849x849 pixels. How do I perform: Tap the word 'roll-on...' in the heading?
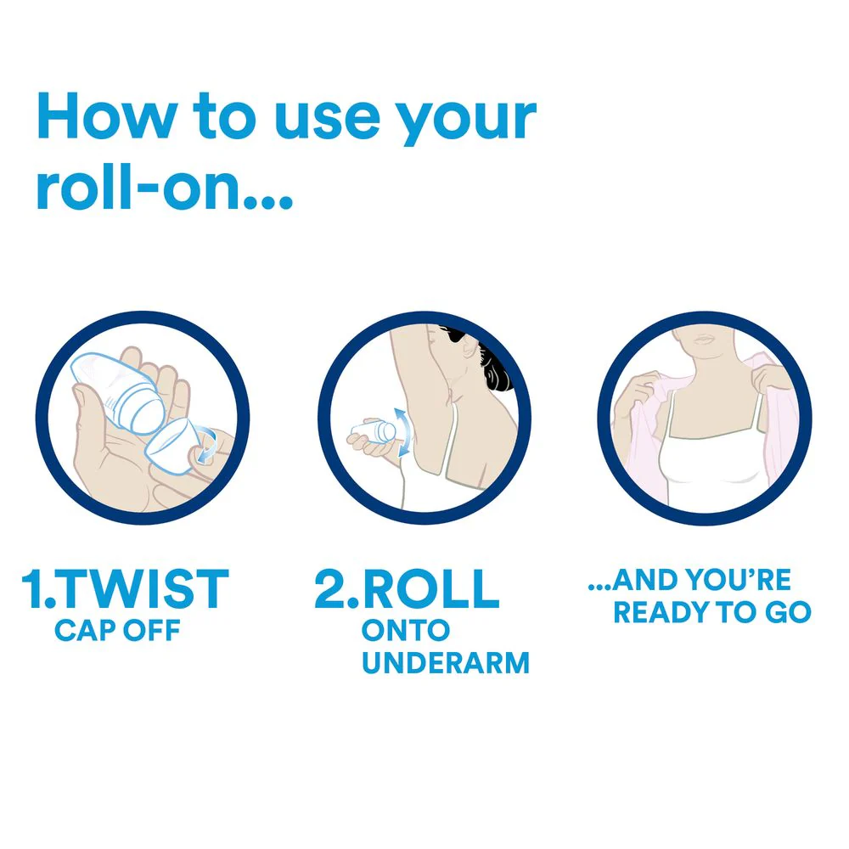click(x=165, y=186)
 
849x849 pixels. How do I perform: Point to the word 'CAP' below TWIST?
click(x=85, y=630)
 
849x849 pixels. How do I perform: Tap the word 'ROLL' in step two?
click(x=430, y=589)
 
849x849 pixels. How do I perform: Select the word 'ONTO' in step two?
click(x=406, y=630)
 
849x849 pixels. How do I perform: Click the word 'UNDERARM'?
click(x=446, y=663)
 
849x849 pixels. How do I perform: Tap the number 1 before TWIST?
click(x=31, y=588)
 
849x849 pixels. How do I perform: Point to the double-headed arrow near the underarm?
click(x=402, y=433)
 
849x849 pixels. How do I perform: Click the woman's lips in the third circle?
click(x=705, y=340)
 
